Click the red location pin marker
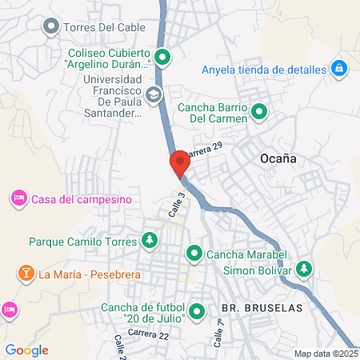point(180,163)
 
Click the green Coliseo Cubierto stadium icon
point(163,57)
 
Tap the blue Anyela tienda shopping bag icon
point(338,69)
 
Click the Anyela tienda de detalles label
point(264,69)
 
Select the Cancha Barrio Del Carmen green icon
point(259,112)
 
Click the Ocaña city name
point(278,158)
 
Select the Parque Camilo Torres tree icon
point(149,240)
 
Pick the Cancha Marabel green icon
point(194,255)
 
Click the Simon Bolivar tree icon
point(303,270)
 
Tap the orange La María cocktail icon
point(26,274)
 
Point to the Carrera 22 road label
point(148,333)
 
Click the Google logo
point(26,350)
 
